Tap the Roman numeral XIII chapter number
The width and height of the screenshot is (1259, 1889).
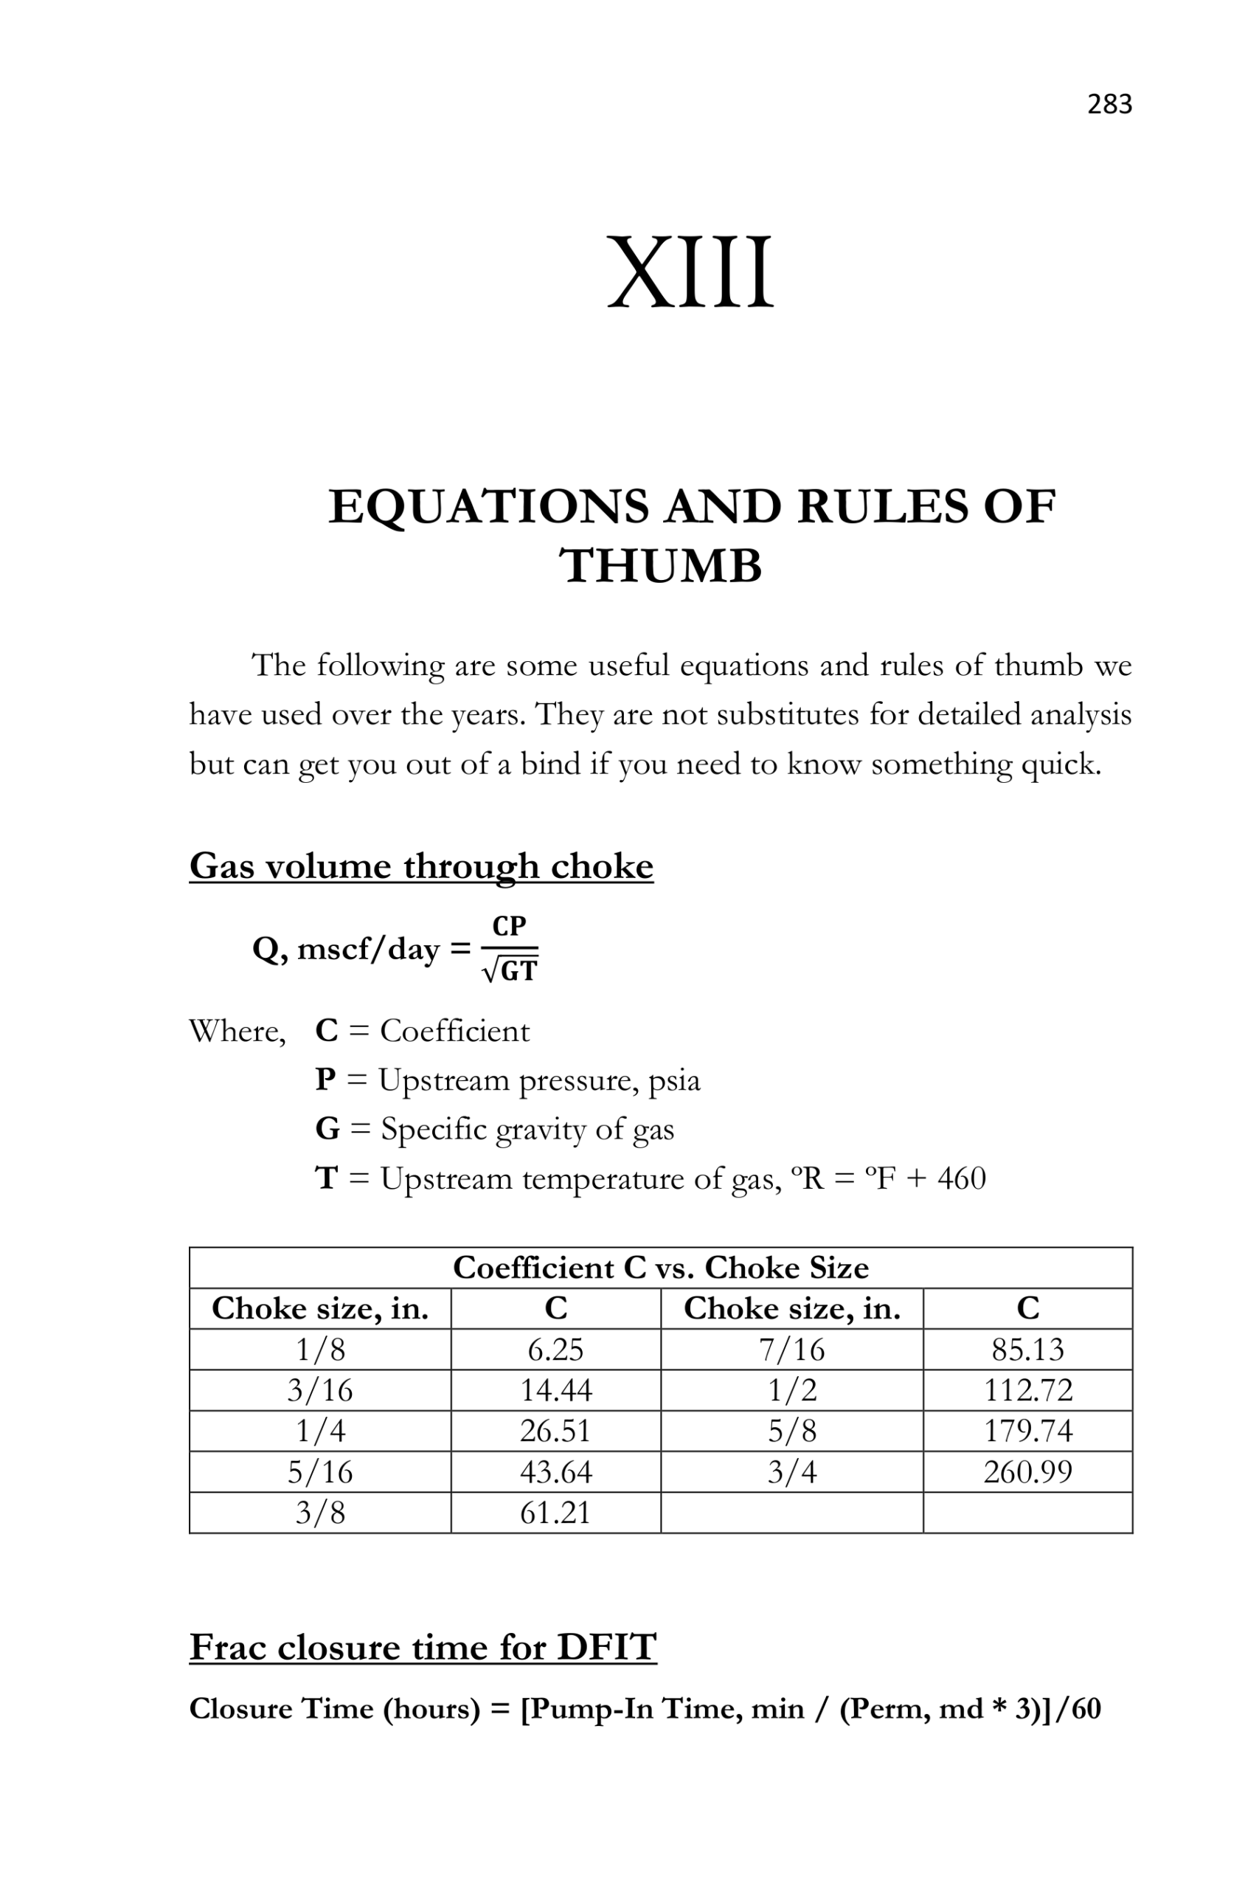point(690,272)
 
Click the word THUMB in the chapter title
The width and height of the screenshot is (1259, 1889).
point(660,566)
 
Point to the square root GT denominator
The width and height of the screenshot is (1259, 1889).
point(510,971)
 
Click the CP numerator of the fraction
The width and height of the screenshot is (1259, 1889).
point(509,926)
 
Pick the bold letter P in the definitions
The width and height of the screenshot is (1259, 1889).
point(325,1080)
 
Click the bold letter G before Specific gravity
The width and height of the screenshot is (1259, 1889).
point(327,1128)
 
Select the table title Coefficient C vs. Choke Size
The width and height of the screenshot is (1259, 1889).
point(660,1268)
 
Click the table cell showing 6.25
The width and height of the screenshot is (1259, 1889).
point(555,1350)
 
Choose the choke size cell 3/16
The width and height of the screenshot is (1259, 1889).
point(319,1390)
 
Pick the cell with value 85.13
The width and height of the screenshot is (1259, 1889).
point(1027,1350)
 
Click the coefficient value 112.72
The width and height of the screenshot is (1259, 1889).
point(1027,1390)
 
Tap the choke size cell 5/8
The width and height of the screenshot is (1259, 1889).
point(791,1432)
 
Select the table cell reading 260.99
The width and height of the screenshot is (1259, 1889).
point(1027,1472)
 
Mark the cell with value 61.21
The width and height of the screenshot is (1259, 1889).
point(555,1513)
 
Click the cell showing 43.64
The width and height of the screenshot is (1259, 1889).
point(555,1472)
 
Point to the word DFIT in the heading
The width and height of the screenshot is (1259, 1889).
point(606,1647)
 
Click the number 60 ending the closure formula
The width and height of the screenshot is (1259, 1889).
point(1085,1708)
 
